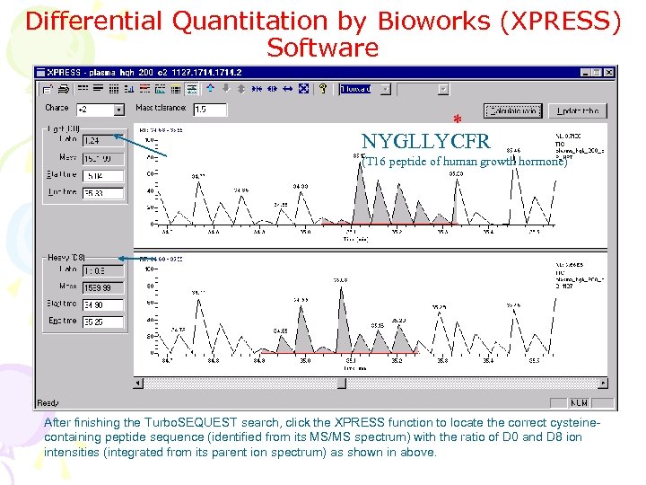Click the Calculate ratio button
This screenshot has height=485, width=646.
point(513,110)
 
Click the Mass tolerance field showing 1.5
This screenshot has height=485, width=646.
point(209,110)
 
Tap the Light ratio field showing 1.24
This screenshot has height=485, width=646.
point(102,140)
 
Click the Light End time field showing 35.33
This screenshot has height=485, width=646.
point(102,193)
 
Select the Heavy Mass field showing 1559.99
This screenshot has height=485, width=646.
point(102,287)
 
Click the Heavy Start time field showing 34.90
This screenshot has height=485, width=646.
point(102,304)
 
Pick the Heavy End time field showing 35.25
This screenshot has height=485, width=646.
point(102,322)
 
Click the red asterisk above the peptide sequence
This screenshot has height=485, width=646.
point(457,120)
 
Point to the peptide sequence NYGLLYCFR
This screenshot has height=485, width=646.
point(426,142)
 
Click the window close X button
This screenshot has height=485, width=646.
point(610,73)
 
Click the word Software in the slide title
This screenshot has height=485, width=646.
point(322,47)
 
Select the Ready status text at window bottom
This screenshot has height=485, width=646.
point(48,403)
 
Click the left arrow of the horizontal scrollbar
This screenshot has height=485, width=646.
point(138,384)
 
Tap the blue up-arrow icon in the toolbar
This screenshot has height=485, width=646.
point(210,89)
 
